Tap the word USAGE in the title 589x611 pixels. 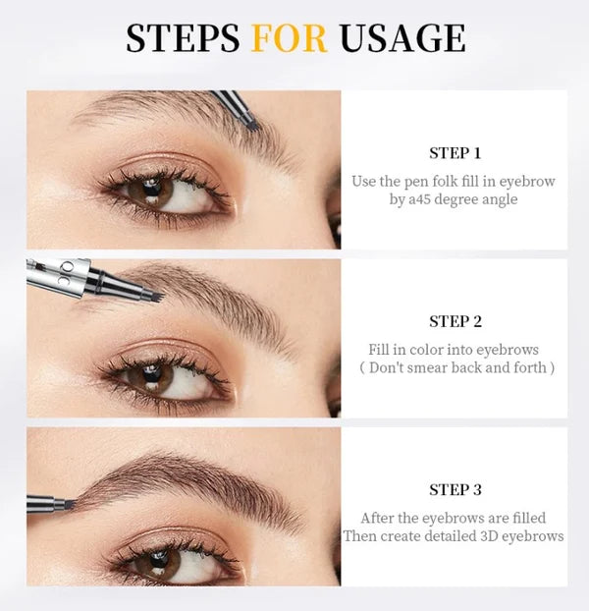(x=402, y=38)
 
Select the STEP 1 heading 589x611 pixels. (x=455, y=153)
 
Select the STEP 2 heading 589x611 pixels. (x=455, y=321)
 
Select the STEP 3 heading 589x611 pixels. (x=455, y=489)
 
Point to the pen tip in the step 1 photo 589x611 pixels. (x=251, y=124)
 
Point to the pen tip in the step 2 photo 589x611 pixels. (x=151, y=294)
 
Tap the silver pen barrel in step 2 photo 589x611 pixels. (x=59, y=278)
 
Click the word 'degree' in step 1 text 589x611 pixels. (x=453, y=199)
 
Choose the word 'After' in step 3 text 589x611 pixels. (x=379, y=518)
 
